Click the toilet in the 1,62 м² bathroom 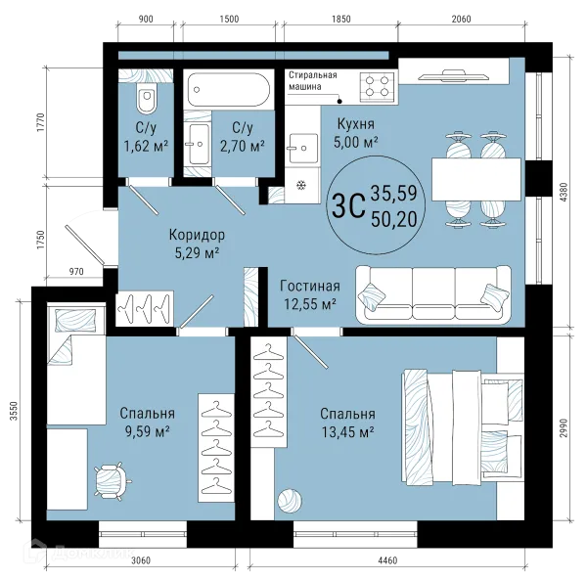147,98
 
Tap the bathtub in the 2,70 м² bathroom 228,90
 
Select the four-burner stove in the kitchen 377,86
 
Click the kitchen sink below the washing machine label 303,148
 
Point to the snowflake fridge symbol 301,185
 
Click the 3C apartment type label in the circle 348,205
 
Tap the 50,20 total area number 394,219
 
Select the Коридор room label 197,235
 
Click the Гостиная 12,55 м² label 310,295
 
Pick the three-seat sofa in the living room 433,294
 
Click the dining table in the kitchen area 476,179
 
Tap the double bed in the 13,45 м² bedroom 463,427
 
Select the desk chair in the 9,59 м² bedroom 111,480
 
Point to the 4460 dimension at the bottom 387,560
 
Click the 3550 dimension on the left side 14,411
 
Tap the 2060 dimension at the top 461,19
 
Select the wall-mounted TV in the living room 453,76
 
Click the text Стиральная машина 313,81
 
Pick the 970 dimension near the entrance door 76,272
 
